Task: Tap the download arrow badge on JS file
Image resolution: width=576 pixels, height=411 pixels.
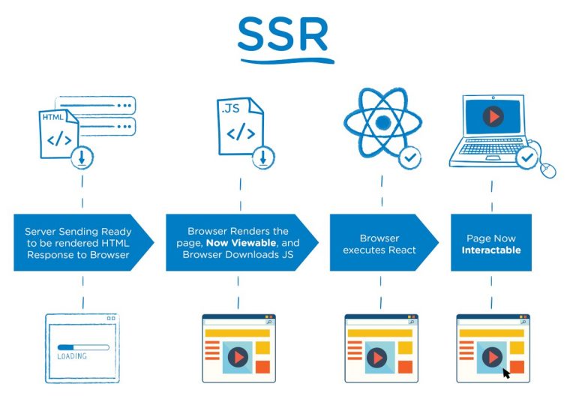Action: (263, 157)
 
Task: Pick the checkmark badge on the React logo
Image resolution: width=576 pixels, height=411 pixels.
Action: (409, 157)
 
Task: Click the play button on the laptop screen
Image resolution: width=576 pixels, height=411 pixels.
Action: (492, 117)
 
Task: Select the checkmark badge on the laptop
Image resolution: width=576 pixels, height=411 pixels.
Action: (527, 158)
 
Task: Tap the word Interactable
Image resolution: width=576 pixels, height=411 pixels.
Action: (491, 249)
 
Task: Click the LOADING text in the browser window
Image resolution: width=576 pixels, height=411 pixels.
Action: (72, 355)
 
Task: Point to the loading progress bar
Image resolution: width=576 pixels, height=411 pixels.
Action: (82, 346)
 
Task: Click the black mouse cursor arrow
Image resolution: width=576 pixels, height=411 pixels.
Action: (506, 372)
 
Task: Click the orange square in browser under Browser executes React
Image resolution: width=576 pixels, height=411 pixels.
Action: (405, 366)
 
